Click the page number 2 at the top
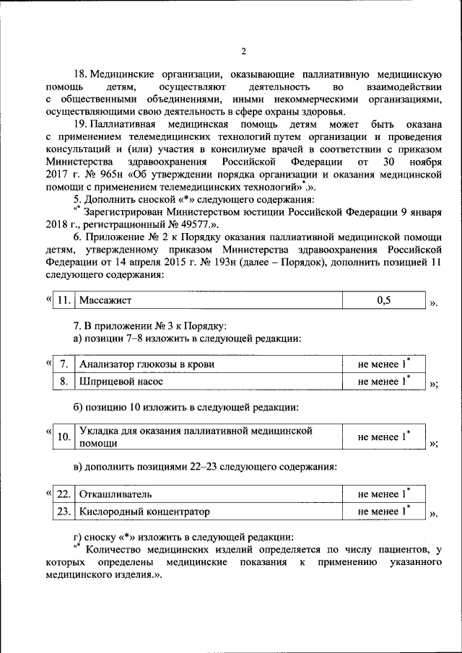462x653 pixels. pos(243,51)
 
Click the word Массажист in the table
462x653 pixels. pos(105,300)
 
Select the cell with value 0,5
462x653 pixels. pos(383,300)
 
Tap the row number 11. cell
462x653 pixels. pos(64,300)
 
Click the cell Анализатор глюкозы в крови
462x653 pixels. pos(147,364)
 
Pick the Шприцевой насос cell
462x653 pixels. pos(121,380)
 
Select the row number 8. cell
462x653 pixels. pos(64,380)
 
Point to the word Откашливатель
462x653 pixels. pos(115,494)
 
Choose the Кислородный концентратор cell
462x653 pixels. pos(144,512)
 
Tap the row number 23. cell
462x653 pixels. pos(64,512)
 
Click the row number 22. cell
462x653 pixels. pos(64,494)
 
